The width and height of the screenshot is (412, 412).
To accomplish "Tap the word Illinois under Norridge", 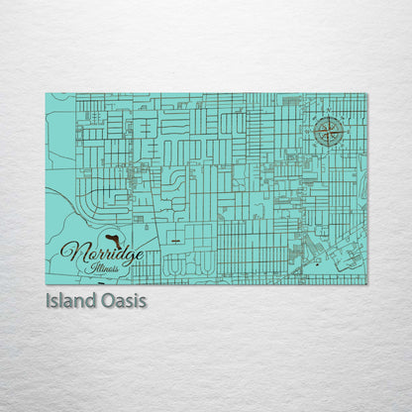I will pyautogui.click(x=103, y=268).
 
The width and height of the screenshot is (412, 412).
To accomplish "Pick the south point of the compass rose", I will pyautogui.click(x=330, y=148).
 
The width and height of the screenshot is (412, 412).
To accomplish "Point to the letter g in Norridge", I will pyautogui.click(x=126, y=257).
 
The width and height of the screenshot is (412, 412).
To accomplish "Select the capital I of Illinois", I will pyautogui.click(x=88, y=268).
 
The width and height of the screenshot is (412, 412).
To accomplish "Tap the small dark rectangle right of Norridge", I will pyautogui.click(x=174, y=240).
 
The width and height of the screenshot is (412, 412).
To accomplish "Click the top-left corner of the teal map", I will pyautogui.click(x=46, y=94).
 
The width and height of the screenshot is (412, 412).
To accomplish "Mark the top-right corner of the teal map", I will pyautogui.click(x=366, y=94).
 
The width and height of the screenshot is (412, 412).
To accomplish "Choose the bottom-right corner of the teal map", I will pyautogui.click(x=366, y=284).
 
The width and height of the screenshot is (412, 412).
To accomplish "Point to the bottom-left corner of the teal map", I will pyautogui.click(x=46, y=284).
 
